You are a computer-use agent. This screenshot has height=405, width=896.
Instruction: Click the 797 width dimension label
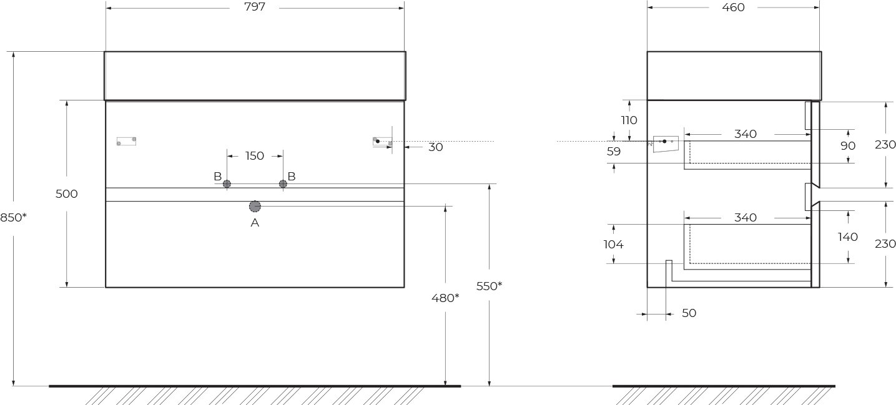click(254, 7)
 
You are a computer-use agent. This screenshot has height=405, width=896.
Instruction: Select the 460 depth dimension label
click(733, 7)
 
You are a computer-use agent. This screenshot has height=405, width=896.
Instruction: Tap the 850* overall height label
click(13, 218)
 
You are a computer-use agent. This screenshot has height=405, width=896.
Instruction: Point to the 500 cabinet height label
click(66, 194)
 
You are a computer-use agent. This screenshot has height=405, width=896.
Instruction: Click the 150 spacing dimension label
click(255, 155)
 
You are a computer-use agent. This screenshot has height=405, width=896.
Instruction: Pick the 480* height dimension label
click(445, 298)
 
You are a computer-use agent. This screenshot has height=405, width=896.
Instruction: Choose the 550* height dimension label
click(489, 286)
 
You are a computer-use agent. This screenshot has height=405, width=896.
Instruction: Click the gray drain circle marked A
click(255, 207)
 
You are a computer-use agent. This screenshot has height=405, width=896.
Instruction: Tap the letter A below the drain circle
click(255, 223)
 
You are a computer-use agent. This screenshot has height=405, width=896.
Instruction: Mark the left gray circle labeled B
click(227, 184)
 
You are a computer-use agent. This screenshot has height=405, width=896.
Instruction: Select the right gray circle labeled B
click(283, 184)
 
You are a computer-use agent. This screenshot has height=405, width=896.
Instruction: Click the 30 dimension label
click(436, 147)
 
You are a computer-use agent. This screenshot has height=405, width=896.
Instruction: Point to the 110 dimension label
click(629, 120)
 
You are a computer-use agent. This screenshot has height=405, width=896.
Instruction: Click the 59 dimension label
click(614, 152)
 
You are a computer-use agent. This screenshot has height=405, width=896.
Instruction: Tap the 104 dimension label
click(614, 244)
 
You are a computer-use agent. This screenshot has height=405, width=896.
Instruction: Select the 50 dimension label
click(689, 313)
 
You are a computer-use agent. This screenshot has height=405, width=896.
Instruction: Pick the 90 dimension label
click(847, 146)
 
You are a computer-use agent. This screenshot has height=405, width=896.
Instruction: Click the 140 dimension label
click(847, 237)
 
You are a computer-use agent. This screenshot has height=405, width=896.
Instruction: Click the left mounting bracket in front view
click(126, 141)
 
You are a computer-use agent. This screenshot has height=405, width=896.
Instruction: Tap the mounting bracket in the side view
click(666, 144)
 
